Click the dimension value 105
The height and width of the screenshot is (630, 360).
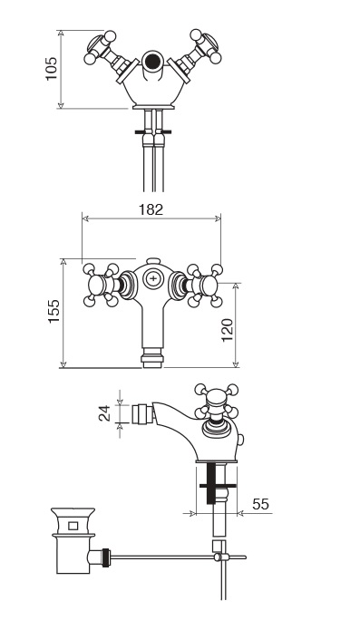tap(52, 69)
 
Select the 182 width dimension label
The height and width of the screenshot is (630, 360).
tap(151, 209)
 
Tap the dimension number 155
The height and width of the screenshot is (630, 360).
tap(54, 311)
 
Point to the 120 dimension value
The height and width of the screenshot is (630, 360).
tap(228, 330)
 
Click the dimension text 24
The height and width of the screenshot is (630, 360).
tap(105, 413)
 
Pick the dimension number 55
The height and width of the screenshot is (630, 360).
tap(260, 504)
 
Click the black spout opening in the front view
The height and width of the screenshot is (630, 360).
tap(152, 61)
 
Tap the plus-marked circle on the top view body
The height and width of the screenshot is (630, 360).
tap(153, 278)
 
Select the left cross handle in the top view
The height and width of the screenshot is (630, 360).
tap(102, 286)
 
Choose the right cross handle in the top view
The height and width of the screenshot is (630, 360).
tap(205, 286)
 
